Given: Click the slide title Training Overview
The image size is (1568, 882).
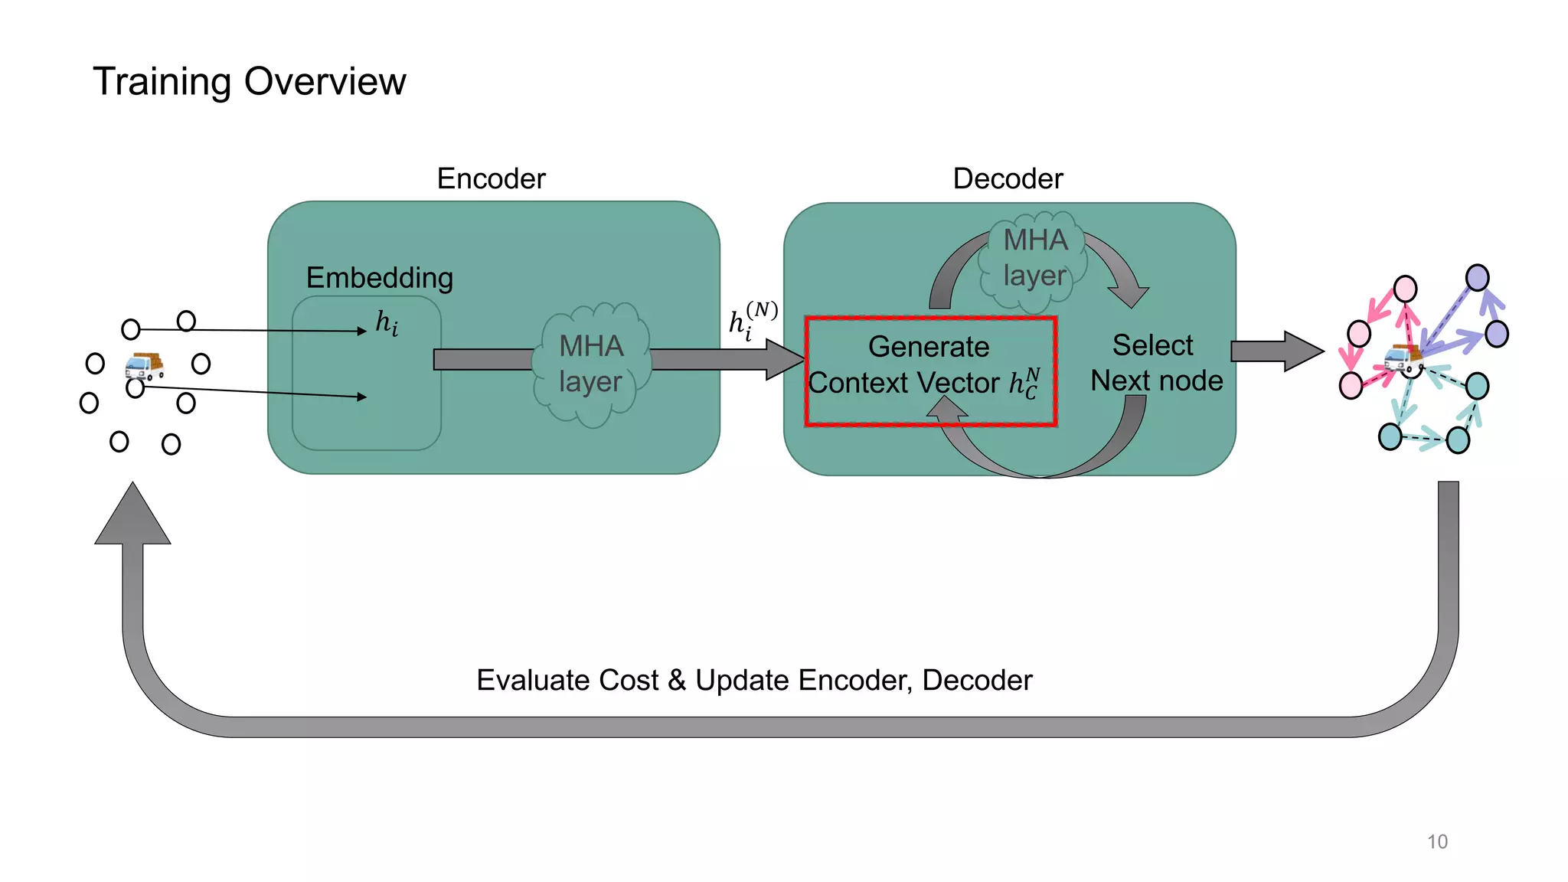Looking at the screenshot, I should click(x=249, y=81).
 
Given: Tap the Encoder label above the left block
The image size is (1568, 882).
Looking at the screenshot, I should click(x=491, y=178).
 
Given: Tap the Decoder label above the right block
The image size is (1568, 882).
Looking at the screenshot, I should click(x=1008, y=178).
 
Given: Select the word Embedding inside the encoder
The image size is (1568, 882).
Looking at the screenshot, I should click(x=380, y=277).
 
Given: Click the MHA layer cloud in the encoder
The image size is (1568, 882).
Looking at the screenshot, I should click(x=591, y=364).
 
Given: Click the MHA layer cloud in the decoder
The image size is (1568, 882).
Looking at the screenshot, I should click(x=1034, y=259).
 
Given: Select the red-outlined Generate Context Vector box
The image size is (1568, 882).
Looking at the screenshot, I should click(x=930, y=371).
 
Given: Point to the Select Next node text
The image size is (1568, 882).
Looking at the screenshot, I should click(x=1155, y=363).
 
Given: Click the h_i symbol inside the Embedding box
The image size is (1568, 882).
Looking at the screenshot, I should click(x=387, y=323).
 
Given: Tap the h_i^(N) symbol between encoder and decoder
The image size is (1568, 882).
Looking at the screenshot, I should click(x=752, y=320).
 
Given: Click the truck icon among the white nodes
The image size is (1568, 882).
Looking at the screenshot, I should click(x=144, y=366).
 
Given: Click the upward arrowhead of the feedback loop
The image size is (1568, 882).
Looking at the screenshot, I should click(x=132, y=515).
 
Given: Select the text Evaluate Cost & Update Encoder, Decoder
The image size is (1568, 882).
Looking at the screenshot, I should click(x=754, y=680).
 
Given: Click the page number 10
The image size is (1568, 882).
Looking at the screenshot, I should click(x=1437, y=841).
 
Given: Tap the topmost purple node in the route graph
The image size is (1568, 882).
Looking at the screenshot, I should click(x=1477, y=277).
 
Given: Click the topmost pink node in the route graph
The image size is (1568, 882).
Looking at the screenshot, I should click(x=1405, y=289).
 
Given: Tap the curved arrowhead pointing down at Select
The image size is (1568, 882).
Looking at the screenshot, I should click(x=1129, y=296).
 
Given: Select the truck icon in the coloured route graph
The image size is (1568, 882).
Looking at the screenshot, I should click(x=1403, y=358).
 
